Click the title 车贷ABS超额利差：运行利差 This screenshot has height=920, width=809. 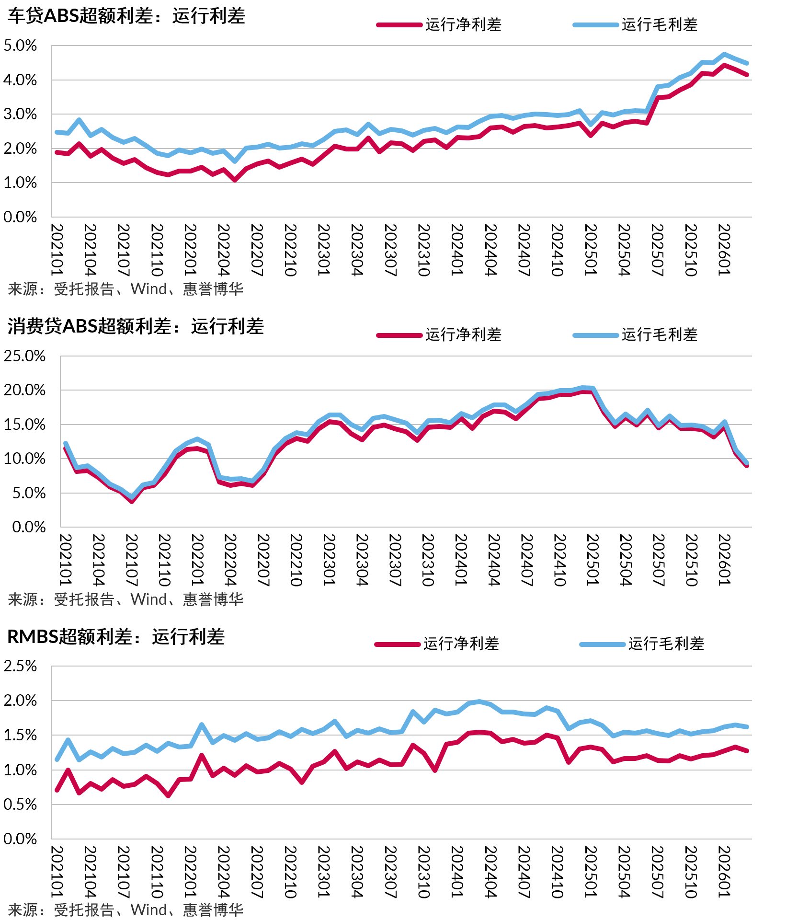pos(126,16)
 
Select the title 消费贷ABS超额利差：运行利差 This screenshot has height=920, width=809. pos(136,326)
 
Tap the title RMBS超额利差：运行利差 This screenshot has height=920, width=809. pos(116,637)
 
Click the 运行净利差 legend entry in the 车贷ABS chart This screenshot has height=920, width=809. pos(439,24)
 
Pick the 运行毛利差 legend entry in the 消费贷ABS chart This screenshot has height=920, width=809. pos(636,334)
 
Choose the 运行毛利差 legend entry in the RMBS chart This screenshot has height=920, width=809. pos(642,644)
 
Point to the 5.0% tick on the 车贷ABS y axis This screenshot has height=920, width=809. pos(20,46)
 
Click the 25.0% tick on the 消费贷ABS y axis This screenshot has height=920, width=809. pos(24,356)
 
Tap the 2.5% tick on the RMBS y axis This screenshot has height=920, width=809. pos(20,666)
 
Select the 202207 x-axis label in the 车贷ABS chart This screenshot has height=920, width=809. pos(257,250)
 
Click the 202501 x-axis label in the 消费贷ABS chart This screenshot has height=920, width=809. pos(593,560)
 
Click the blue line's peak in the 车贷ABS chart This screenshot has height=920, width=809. pos(724,54)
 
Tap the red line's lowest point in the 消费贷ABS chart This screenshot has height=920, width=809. pos(132,501)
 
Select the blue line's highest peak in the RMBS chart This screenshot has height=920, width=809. pos(479,701)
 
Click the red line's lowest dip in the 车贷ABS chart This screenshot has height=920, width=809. pos(235,180)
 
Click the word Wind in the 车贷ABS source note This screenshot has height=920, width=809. pos(148,289)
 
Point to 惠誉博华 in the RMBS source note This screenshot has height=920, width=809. pos(213,909)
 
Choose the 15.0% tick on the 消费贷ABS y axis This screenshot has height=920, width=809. pos(24,425)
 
